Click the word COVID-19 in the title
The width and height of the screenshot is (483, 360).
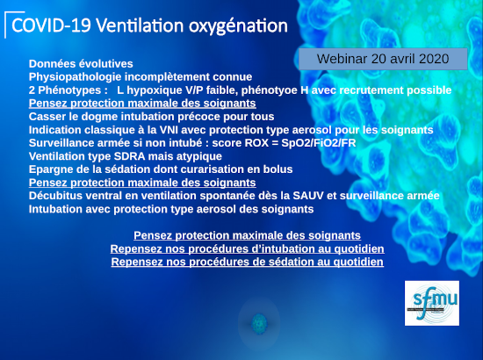pyautogui.click(x=51, y=25)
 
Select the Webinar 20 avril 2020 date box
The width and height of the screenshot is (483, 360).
pyautogui.click(x=383, y=59)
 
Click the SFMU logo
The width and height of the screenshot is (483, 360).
pyautogui.click(x=432, y=303)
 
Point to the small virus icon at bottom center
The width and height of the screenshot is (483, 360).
pyautogui.click(x=259, y=323)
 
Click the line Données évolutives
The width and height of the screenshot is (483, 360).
pyautogui.click(x=81, y=64)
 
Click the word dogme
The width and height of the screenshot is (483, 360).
pyautogui.click(x=99, y=117)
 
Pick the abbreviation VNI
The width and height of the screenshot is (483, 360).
pyautogui.click(x=169, y=130)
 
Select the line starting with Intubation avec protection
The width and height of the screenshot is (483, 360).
pyautogui.click(x=171, y=209)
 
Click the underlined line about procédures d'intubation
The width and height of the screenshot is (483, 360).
pyautogui.click(x=248, y=248)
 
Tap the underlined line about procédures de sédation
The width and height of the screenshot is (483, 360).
pyautogui.click(x=248, y=262)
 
